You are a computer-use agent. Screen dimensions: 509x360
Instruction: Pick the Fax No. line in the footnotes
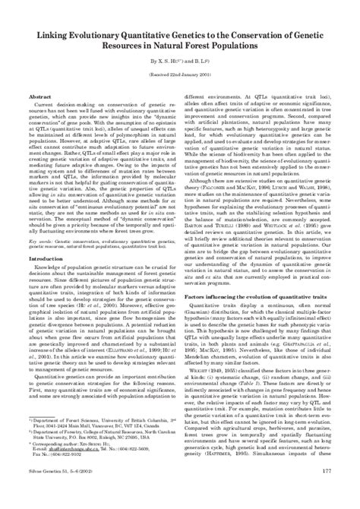61,475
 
